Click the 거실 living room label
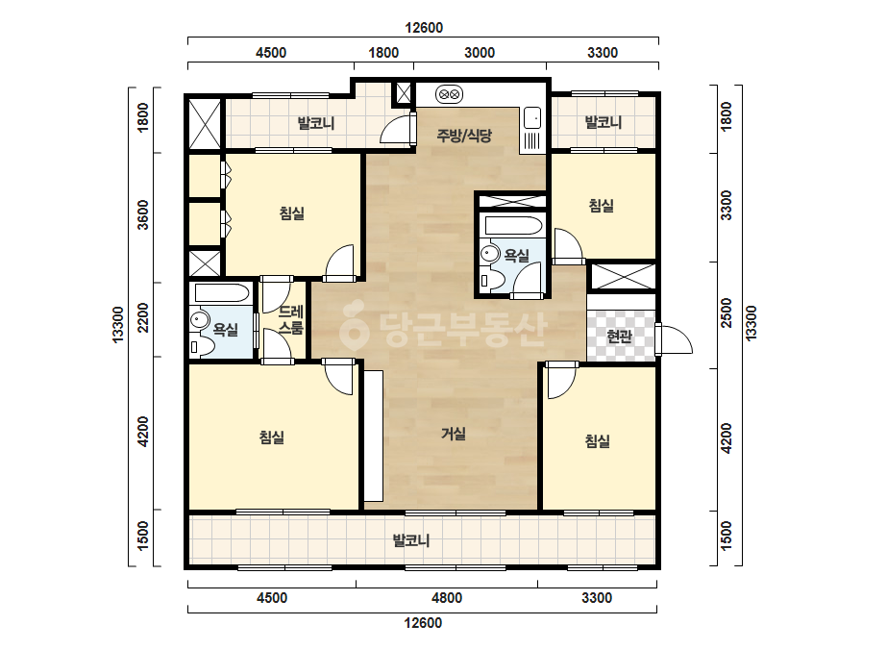(454, 434)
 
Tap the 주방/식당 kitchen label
(464, 136)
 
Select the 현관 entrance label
(619, 337)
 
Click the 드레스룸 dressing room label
(291, 319)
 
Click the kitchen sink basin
(531, 118)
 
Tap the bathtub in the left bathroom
(222, 293)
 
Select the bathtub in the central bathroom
(513, 225)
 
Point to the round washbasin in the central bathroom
(489, 254)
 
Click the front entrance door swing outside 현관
(675, 339)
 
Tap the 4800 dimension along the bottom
(446, 598)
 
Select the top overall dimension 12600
(424, 28)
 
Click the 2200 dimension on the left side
(143, 318)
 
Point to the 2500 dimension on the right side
(727, 313)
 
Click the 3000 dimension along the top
(480, 53)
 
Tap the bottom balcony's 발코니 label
(411, 540)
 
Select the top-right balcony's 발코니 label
(603, 122)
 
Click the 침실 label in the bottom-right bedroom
(598, 441)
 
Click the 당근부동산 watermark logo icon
(354, 326)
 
